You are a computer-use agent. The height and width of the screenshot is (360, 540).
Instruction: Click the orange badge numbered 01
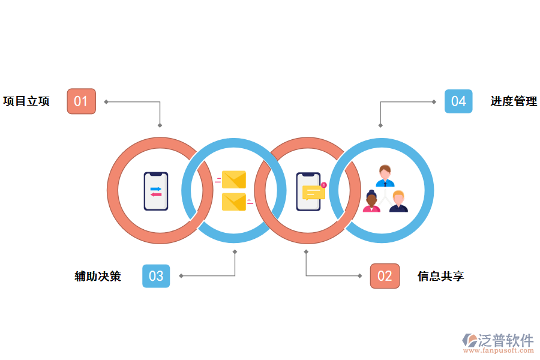point(81,101)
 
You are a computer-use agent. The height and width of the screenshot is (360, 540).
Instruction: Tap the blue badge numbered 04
point(458,101)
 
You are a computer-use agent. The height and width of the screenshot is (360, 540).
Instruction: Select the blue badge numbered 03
point(156,276)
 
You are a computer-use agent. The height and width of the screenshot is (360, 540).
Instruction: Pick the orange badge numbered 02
point(385,276)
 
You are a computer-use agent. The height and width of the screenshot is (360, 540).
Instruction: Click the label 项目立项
point(26,101)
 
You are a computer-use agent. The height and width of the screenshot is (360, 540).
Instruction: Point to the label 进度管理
point(514,101)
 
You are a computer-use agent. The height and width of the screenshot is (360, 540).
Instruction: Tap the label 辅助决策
point(98,276)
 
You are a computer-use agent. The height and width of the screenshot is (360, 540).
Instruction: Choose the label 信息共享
point(440,276)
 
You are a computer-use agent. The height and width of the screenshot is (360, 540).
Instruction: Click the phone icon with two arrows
point(156,191)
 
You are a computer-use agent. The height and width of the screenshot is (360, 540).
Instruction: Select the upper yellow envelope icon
point(234,179)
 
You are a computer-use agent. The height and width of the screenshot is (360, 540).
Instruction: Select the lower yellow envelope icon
point(234,202)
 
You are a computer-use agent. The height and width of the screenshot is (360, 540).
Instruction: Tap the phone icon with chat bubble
point(309,191)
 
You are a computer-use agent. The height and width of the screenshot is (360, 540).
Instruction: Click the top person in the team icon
point(385,176)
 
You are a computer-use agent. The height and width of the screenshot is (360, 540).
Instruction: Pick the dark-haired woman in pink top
point(371,202)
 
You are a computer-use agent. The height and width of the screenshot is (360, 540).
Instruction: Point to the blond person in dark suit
point(398,202)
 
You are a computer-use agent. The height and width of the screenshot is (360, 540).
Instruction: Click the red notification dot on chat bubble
point(324,185)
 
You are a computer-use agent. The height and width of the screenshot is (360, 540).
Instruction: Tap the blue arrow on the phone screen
point(156,189)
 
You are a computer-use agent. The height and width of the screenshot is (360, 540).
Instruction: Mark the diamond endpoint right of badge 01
point(106,101)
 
